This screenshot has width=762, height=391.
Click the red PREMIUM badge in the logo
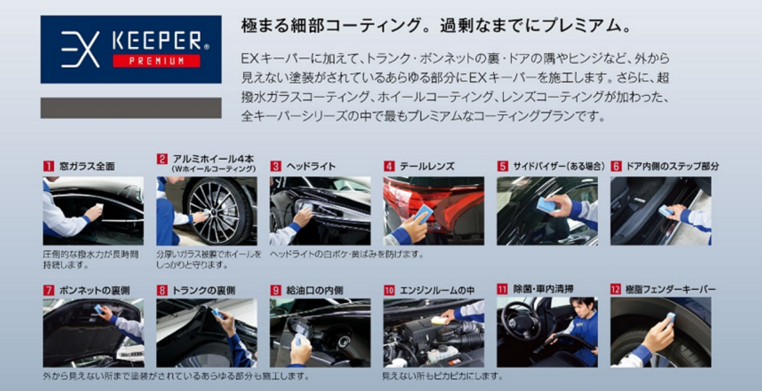pos(156,61)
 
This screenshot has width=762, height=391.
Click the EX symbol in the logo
pos(80,49)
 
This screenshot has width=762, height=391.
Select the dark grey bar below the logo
pos(131,108)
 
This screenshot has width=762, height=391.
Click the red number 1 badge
pos(49,166)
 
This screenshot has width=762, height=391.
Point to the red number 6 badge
pos(616,166)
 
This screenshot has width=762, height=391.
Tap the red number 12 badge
pos(616,289)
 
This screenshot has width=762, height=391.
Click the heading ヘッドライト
pos(311,166)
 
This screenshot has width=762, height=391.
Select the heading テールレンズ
pos(427,166)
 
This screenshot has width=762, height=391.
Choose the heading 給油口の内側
pos(315,290)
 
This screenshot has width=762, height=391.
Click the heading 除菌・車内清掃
pos(544,289)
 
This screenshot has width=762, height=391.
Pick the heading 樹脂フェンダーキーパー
pos(671,289)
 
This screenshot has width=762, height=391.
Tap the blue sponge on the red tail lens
pos(423,214)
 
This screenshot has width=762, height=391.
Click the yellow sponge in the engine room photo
pos(438,320)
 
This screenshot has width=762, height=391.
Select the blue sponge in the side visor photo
pos(546,204)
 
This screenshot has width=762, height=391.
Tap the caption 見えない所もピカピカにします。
pos(442,376)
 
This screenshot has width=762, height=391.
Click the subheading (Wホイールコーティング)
pos(213,169)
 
